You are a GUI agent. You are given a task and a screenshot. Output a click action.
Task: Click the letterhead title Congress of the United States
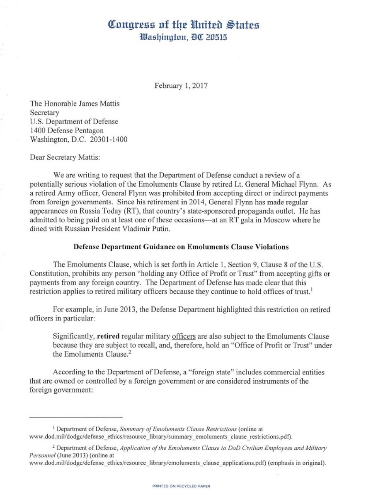click(184, 25)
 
